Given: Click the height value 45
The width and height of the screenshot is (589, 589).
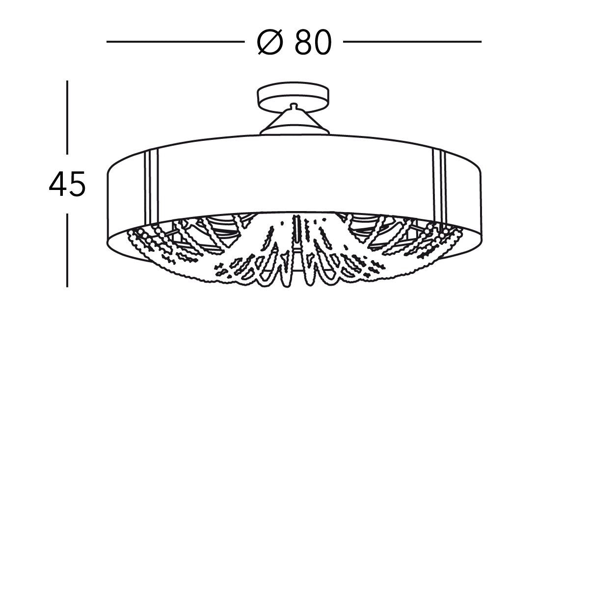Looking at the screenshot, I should [x=67, y=185].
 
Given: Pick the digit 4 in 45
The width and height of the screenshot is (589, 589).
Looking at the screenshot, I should [x=58, y=185].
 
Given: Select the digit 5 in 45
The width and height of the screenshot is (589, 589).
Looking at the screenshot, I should [x=77, y=185].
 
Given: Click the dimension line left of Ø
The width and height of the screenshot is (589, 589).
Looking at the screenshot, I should [x=175, y=42].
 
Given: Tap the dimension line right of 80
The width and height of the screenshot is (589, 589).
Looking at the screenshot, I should [x=412, y=42].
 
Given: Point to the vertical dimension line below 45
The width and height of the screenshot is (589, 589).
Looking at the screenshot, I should [x=67, y=253].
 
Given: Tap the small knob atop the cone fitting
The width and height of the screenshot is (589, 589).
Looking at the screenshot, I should [x=293, y=105].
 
